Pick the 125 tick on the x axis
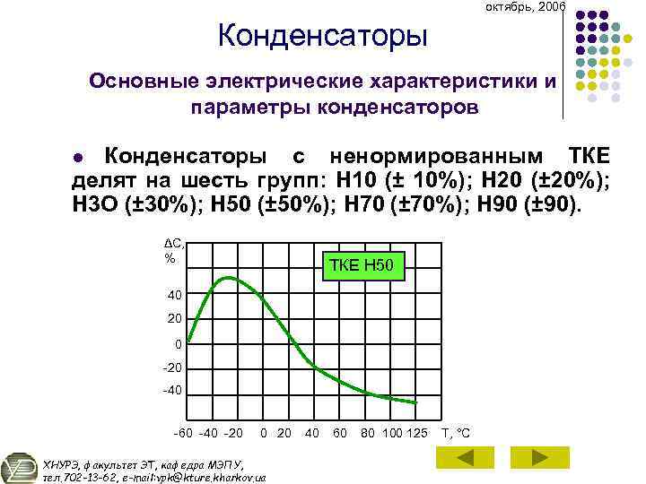coord(416,434)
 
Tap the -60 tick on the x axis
coord(183,434)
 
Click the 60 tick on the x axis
coord(340,434)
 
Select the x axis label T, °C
coord(456,434)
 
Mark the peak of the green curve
coord(229,278)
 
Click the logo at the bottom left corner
coord(19,468)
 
